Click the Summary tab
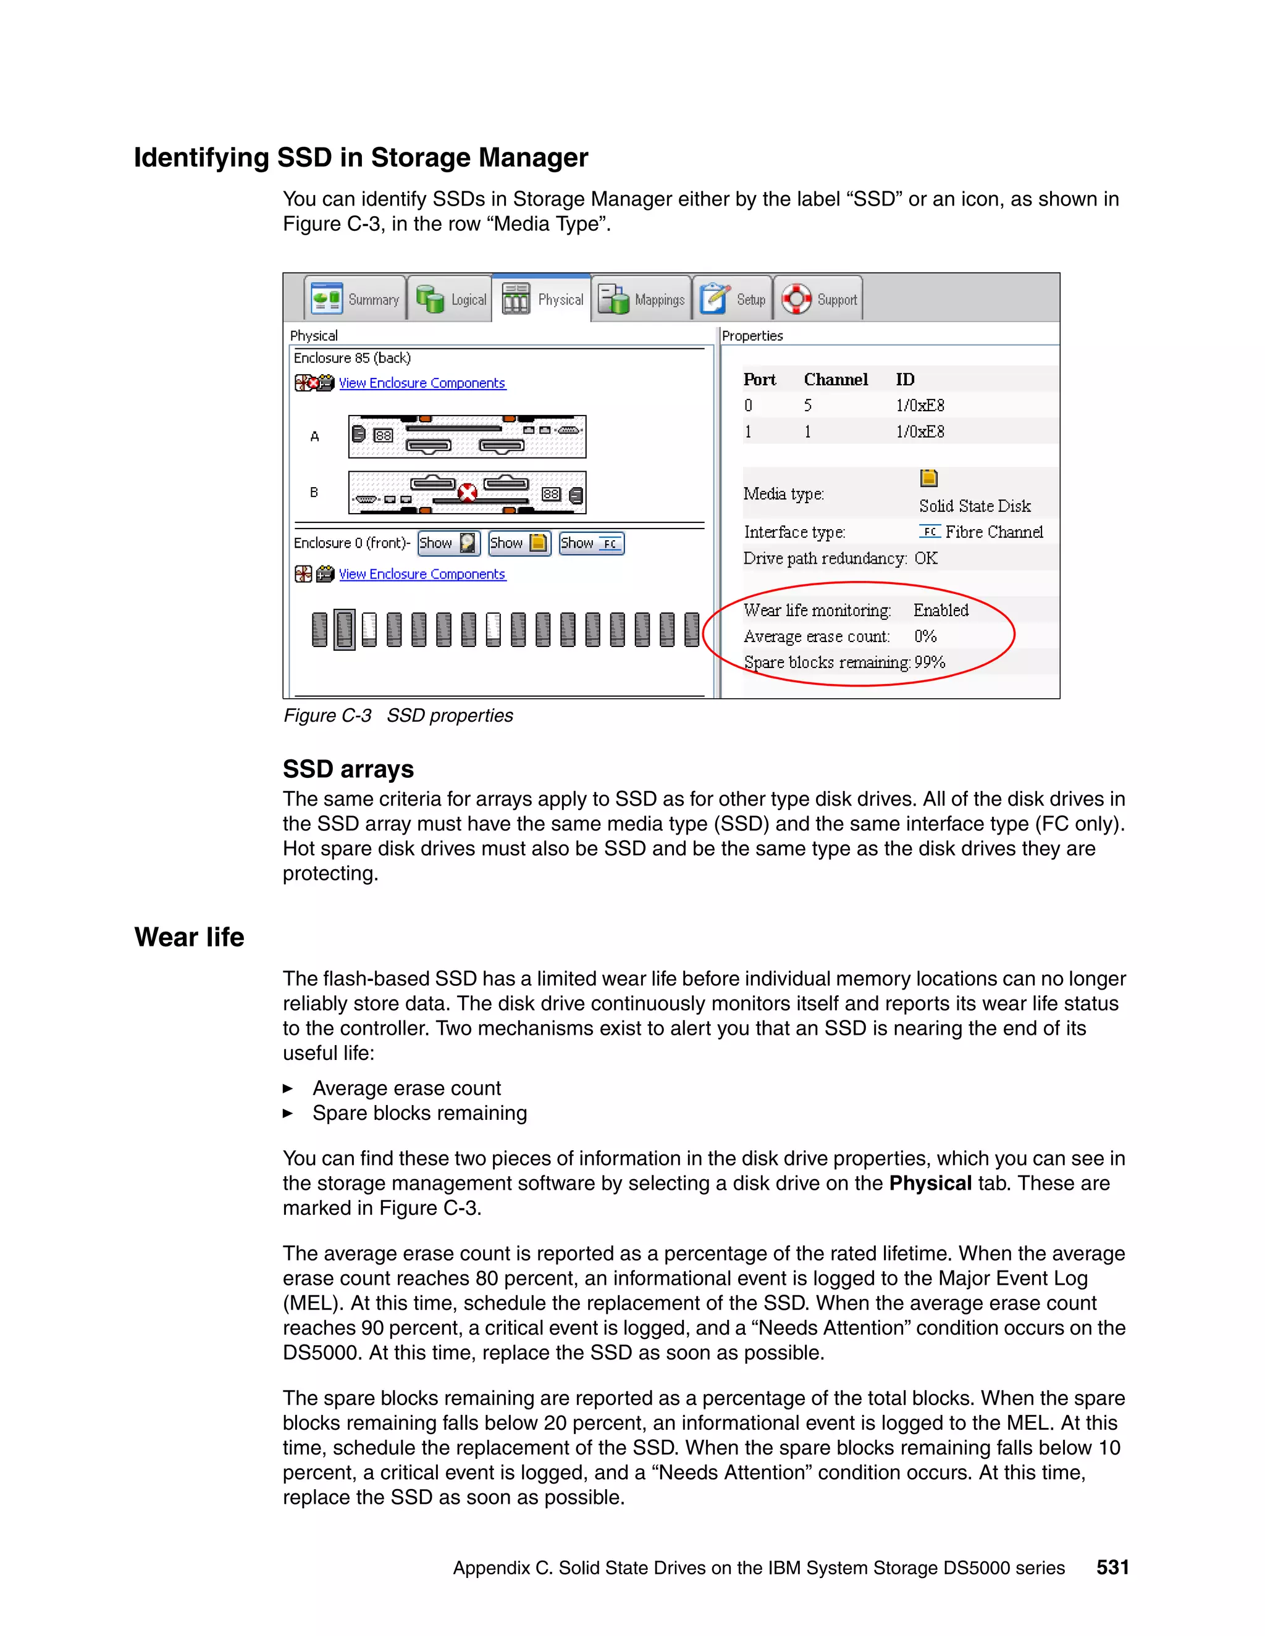pos(356,299)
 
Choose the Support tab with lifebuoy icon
pos(818,299)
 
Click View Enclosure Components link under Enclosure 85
pos(422,383)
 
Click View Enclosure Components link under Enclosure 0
pos(422,574)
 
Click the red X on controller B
pos(467,492)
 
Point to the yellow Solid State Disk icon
pos(928,478)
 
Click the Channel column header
pos(836,379)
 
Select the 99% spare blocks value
pos(929,662)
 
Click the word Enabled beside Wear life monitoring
pos(941,610)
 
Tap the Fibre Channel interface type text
pos(994,532)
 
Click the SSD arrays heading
pos(348,769)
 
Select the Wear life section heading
pos(189,937)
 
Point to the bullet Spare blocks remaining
pos(419,1113)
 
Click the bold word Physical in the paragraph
pos(930,1183)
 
